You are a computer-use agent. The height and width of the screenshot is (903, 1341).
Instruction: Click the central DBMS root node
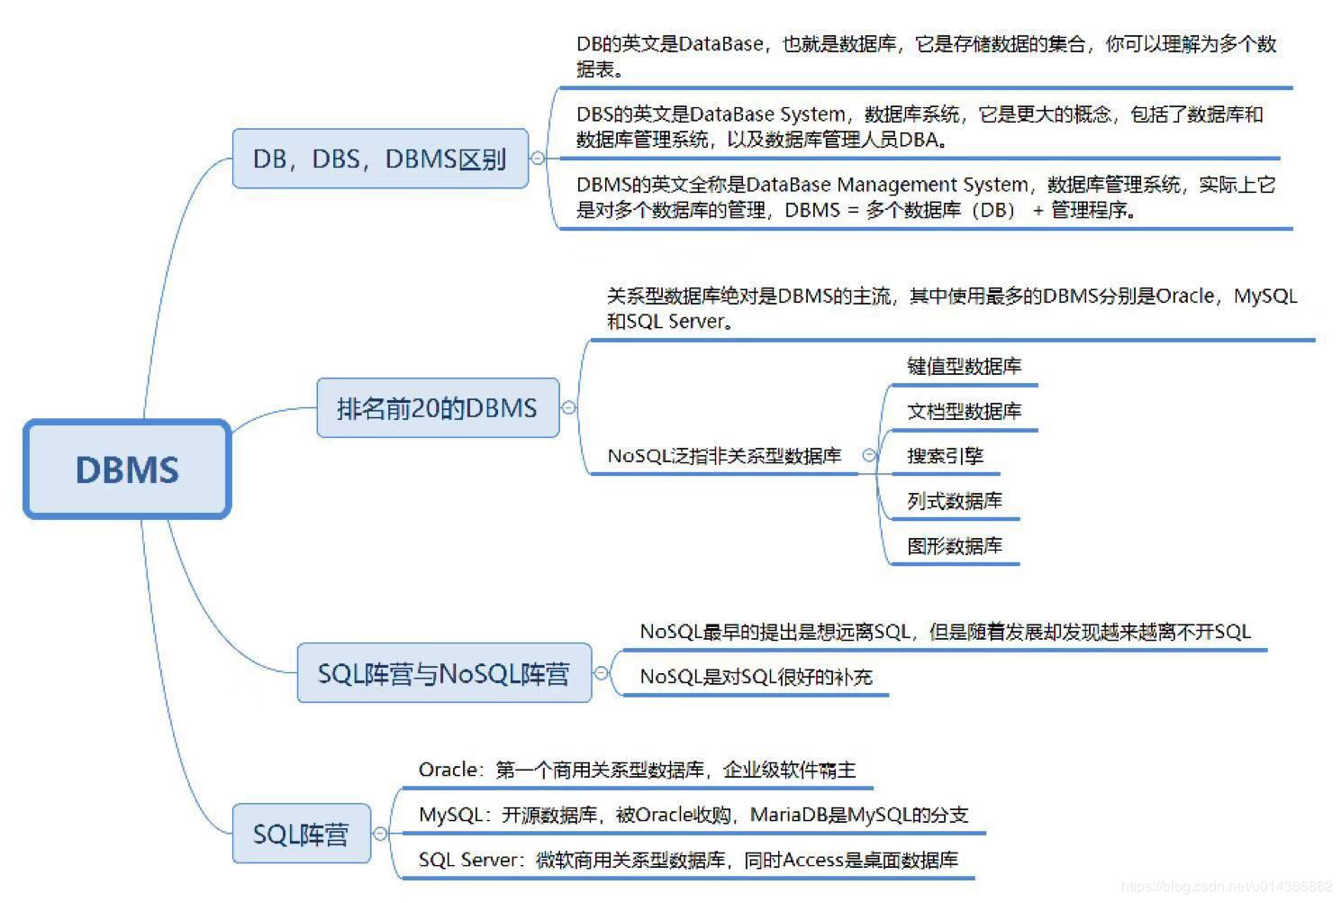tap(127, 469)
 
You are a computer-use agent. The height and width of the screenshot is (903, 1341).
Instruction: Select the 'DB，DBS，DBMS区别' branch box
tap(380, 159)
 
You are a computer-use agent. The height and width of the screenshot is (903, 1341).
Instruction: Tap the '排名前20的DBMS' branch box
tap(438, 408)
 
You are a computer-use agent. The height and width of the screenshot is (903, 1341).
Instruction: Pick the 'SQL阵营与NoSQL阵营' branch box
tap(444, 673)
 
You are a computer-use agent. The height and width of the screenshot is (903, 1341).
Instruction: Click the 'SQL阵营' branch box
tap(301, 834)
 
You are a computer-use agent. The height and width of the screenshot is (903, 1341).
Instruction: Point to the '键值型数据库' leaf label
tap(964, 366)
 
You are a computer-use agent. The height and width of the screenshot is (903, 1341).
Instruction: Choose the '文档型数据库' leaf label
tap(964, 411)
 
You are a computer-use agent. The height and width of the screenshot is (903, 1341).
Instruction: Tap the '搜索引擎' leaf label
tap(945, 456)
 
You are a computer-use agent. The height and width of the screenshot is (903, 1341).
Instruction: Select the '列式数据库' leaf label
tap(954, 501)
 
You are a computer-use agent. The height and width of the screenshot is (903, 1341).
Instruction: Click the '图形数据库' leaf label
tap(954, 546)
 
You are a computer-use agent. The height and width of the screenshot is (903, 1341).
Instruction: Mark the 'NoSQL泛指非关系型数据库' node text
tap(724, 456)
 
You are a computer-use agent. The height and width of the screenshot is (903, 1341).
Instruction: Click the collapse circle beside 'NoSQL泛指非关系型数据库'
tap(869, 456)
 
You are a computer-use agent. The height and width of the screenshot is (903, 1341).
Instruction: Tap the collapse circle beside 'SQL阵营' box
tap(380, 834)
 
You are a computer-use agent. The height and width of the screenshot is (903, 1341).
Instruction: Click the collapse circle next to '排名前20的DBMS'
tap(568, 407)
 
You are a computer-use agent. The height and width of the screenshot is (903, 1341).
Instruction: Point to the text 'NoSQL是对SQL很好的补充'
tap(756, 677)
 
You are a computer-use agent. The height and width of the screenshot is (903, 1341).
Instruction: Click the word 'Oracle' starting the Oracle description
tap(448, 770)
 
